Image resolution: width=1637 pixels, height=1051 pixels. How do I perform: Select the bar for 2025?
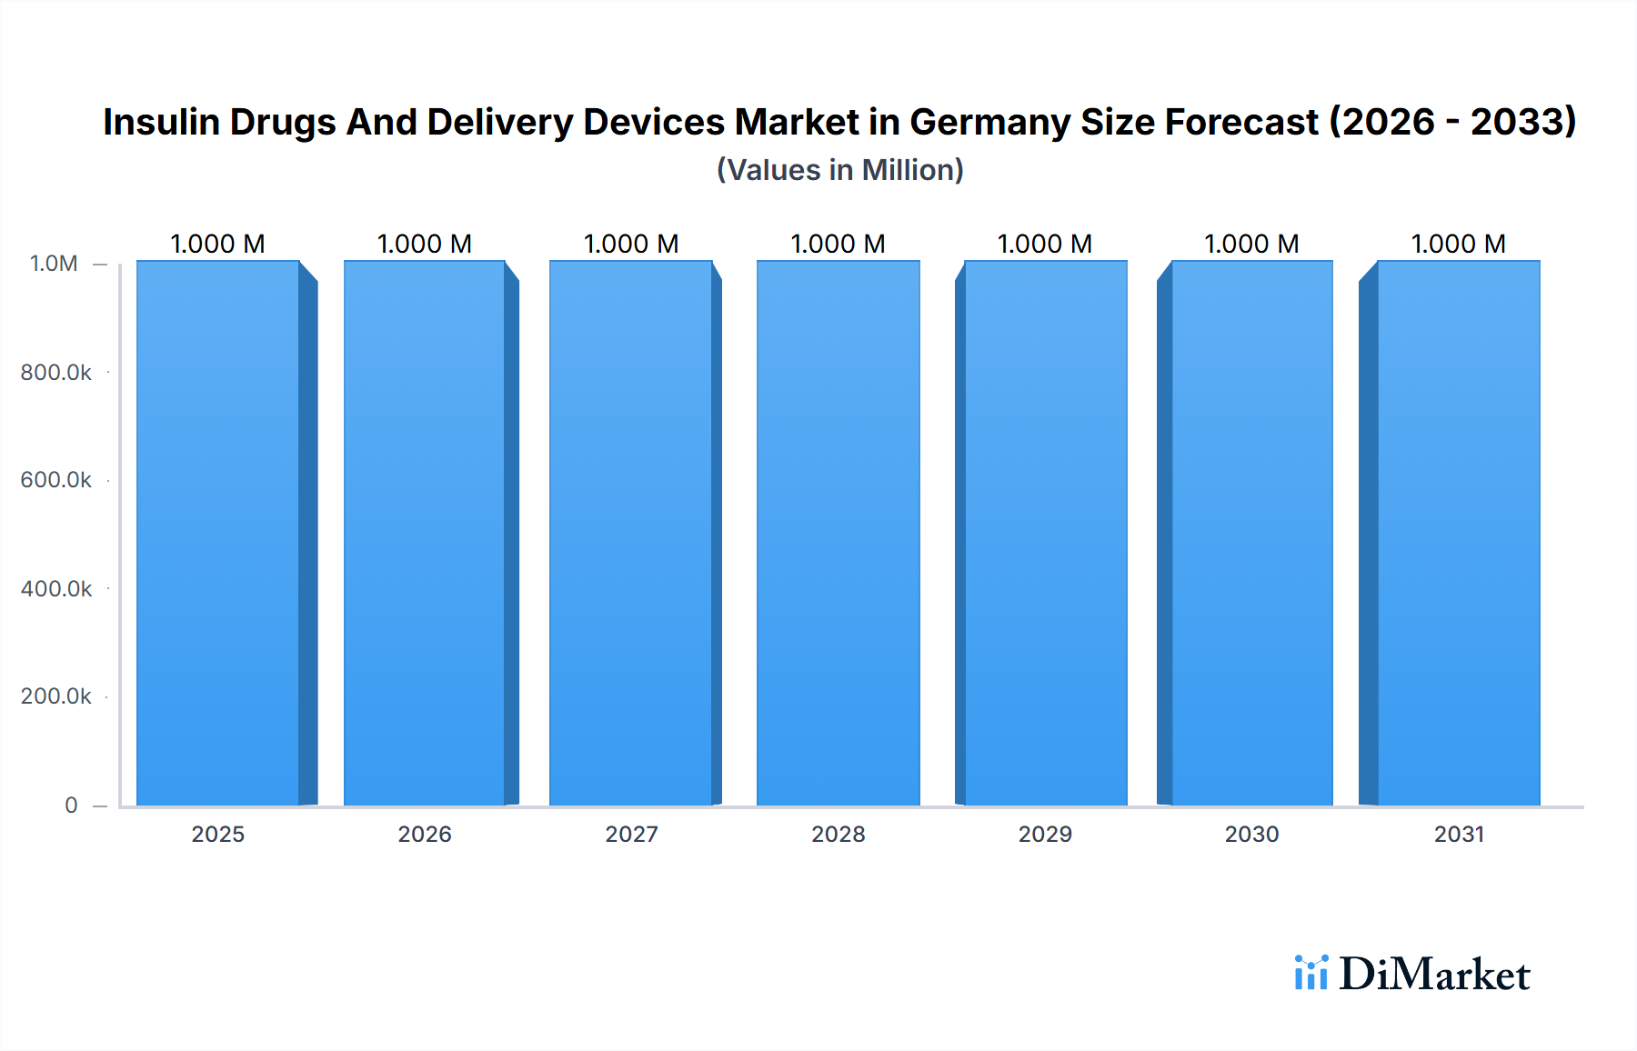click(218, 533)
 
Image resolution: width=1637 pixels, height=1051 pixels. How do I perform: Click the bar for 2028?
click(838, 533)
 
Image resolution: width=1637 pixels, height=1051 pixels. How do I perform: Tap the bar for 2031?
click(1458, 533)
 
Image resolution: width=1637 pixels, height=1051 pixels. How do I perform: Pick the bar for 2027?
click(631, 533)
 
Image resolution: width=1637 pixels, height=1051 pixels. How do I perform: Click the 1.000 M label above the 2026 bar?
click(425, 244)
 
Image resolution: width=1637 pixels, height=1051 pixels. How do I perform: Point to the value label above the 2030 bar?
click(1251, 244)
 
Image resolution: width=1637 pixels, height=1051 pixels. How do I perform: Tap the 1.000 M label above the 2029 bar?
click(1045, 244)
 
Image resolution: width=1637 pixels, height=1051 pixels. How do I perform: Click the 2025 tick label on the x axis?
click(218, 834)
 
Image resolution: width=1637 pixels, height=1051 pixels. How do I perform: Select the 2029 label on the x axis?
click(1045, 834)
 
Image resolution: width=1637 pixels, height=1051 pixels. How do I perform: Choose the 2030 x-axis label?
click(1251, 834)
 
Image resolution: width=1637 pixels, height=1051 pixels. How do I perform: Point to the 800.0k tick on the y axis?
click(56, 372)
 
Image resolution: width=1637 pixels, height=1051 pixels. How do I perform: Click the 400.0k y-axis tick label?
click(56, 588)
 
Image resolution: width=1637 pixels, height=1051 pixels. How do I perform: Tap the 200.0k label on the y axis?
click(56, 696)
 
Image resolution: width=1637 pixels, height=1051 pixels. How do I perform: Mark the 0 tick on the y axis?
click(71, 805)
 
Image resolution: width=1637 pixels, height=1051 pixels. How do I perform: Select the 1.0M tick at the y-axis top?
click(54, 264)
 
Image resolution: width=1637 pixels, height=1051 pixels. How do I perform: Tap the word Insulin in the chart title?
click(161, 122)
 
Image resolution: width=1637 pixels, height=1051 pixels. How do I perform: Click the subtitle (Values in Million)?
click(839, 170)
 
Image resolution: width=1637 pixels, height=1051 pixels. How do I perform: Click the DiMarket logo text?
click(1434, 974)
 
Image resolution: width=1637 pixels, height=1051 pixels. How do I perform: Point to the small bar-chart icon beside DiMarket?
click(1311, 972)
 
